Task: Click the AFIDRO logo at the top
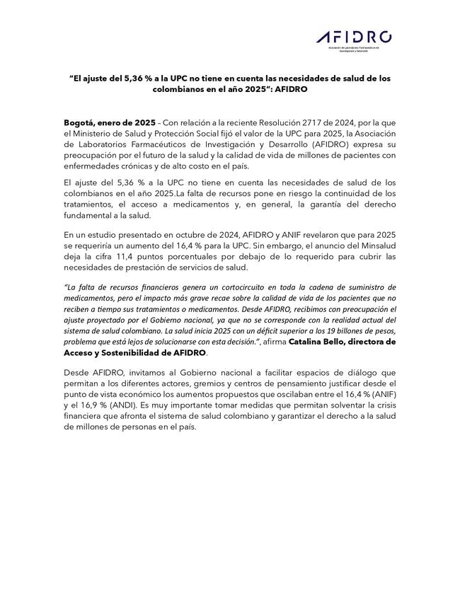(x=354, y=38)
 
